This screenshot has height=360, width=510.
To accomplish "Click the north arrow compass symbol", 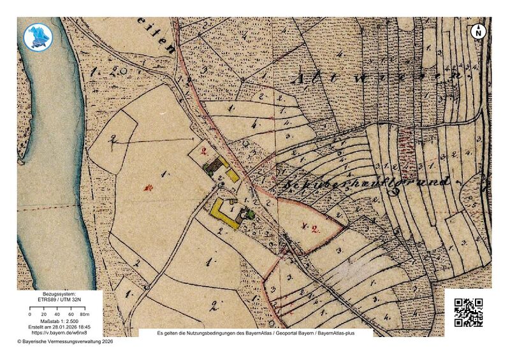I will pos(478,31).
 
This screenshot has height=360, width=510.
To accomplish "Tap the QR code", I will pos(468,312).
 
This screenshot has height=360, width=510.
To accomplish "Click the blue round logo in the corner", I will pos(36,36).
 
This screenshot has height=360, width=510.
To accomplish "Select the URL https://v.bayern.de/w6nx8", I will pos(58,333).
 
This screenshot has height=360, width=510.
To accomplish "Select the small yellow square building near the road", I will pos(233,174).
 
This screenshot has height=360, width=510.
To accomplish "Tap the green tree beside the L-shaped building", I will pos(249,215).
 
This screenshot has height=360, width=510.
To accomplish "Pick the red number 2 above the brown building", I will pos(204,151).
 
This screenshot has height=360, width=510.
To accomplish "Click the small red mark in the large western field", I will pos(149,188).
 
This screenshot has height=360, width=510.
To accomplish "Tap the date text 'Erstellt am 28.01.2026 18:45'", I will pos(58,327).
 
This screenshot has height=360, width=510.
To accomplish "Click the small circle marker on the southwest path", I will pos(146,287).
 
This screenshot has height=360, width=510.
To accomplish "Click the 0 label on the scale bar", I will pos(30,315).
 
